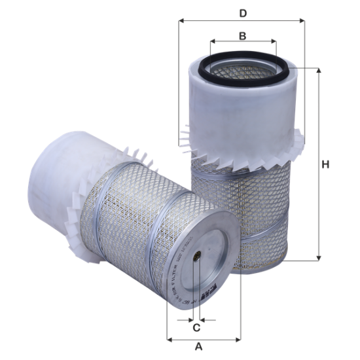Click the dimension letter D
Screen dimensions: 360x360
click(x=242, y=12)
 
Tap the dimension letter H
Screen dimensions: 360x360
click(x=326, y=165)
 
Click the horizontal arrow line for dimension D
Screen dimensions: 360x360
click(x=275, y=20)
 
